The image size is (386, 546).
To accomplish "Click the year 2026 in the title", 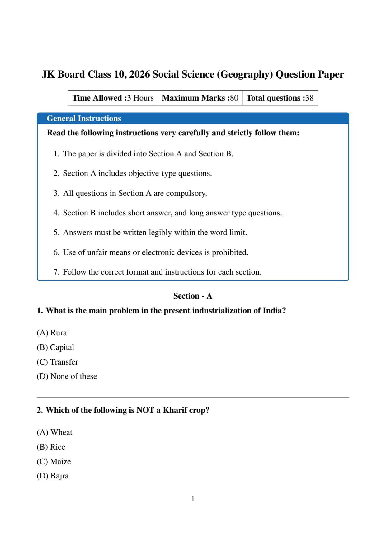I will pos(140,74).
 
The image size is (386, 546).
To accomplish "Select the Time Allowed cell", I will pos(113,98).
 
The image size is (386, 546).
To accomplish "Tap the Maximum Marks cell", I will pos(200,98).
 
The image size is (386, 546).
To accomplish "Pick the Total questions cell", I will pos(280,98).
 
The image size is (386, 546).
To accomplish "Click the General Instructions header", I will pos(84,119).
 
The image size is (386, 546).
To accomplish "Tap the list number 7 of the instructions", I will pos(56,272).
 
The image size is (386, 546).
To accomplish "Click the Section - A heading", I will pos(193,296).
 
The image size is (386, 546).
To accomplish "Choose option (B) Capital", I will pos(55,347).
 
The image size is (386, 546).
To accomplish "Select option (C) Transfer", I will pos(58,362).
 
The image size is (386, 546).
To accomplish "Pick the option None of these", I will pos(67,376).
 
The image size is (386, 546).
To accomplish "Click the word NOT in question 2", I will pos(145,410).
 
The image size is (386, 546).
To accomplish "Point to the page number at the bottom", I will pos(193,499).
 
